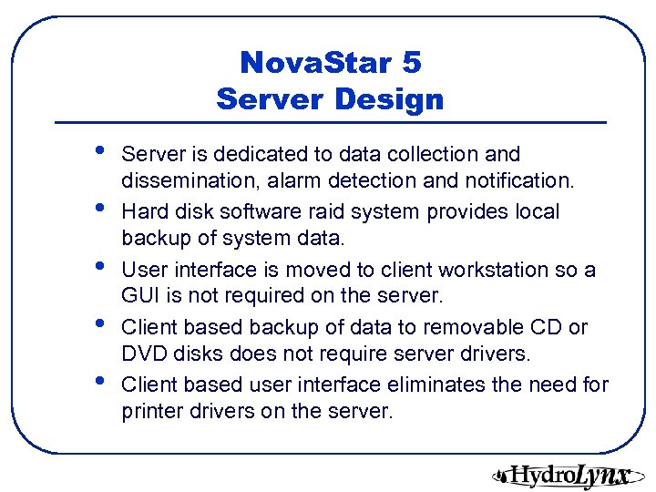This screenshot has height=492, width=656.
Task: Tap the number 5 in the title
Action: point(410,64)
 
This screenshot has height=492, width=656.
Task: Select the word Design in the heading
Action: point(387,98)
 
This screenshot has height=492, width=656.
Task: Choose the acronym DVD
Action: point(142,354)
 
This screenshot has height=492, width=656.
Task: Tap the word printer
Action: point(149,412)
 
